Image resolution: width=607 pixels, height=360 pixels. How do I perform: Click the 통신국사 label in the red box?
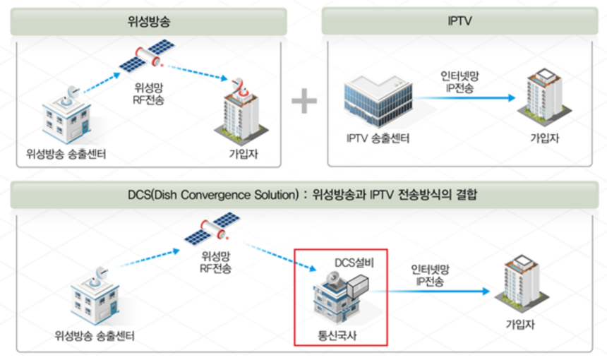click(x=337, y=334)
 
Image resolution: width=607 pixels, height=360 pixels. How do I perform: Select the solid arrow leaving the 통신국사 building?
click(x=431, y=291)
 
